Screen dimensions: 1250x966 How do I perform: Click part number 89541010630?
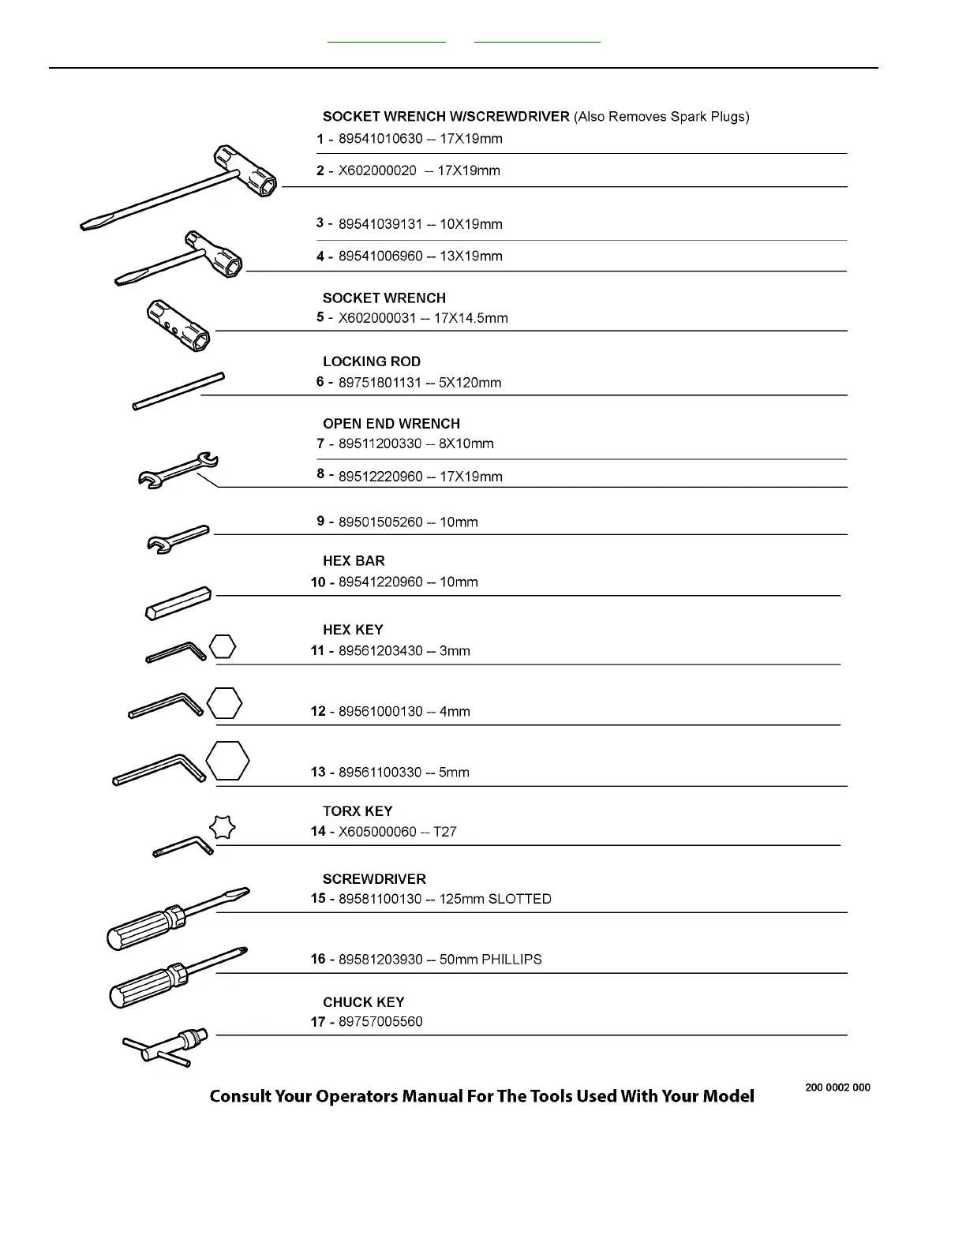click(x=380, y=139)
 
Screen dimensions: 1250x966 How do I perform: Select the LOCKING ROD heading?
click(x=371, y=361)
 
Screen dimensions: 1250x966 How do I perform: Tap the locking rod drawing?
click(x=178, y=391)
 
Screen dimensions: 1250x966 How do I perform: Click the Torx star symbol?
click(x=223, y=827)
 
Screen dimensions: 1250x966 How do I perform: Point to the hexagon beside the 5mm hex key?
click(x=227, y=761)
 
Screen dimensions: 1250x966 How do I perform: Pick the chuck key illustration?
click(x=166, y=1046)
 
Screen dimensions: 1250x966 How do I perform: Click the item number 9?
click(x=320, y=521)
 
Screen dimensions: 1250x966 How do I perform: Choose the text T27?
click(x=445, y=832)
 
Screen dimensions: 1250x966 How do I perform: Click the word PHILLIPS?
click(x=511, y=960)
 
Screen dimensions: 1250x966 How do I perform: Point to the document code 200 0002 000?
click(x=837, y=1087)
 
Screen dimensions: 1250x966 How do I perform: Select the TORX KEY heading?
click(x=357, y=811)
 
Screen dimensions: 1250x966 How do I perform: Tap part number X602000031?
click(x=378, y=319)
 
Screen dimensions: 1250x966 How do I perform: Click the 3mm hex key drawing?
click(x=175, y=652)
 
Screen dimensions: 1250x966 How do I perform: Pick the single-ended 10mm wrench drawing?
click(x=178, y=538)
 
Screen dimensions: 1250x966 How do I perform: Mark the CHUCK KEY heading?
click(x=363, y=1002)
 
